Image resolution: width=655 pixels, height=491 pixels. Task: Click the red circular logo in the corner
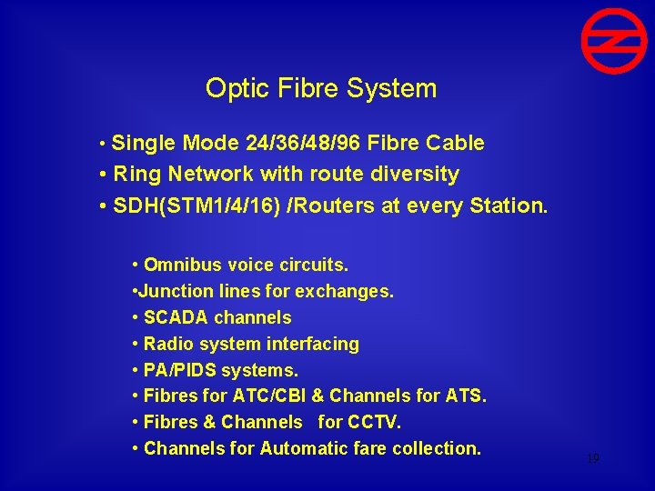(614, 41)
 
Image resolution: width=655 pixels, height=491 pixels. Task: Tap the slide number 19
(592, 459)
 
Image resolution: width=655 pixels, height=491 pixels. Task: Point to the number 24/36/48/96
(308, 143)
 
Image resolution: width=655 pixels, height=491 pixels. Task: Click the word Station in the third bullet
(509, 205)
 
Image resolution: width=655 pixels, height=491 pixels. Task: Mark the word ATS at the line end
(468, 396)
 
